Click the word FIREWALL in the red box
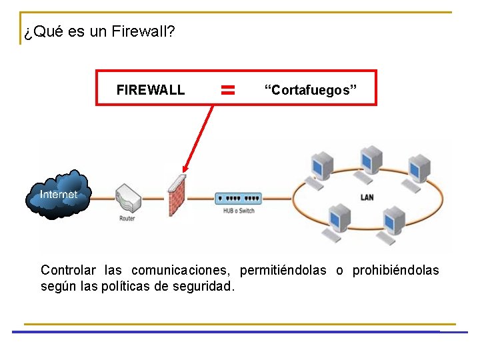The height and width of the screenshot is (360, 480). click(x=150, y=90)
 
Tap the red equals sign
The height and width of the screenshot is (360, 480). click(x=228, y=89)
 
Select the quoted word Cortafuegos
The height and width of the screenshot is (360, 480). click(x=311, y=90)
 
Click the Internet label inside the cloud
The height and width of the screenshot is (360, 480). click(x=58, y=195)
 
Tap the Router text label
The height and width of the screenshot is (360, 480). click(x=127, y=218)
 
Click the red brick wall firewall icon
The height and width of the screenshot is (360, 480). click(x=176, y=195)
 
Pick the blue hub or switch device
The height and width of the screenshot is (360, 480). click(x=238, y=198)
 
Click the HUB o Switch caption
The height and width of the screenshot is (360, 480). click(x=239, y=211)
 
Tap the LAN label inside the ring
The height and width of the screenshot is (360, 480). click(x=367, y=197)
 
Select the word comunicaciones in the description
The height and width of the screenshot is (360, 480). click(x=181, y=270)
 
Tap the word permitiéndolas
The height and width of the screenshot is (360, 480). click(x=283, y=270)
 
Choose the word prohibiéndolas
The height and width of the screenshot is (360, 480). click(x=395, y=270)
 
